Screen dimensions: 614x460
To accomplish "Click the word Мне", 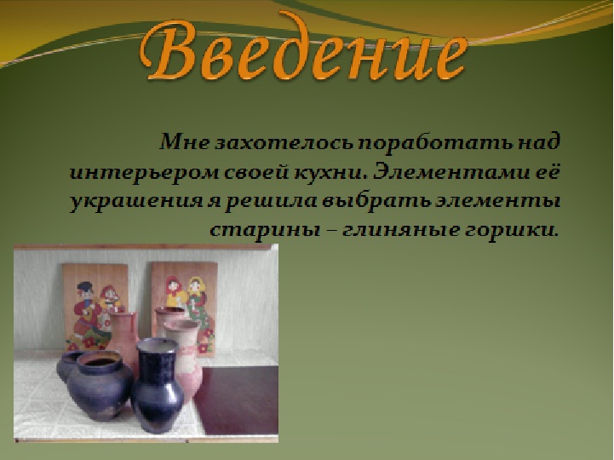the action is pos(184,142).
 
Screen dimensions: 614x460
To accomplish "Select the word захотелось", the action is pos(284,142).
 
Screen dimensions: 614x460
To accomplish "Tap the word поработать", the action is pos(435,142).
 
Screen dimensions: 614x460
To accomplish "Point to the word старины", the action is pos(263,230).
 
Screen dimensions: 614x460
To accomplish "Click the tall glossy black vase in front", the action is pos(157,385).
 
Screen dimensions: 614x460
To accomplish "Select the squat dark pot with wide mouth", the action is pos(100,385).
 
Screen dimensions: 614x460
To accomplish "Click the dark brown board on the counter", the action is pos(236,400).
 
